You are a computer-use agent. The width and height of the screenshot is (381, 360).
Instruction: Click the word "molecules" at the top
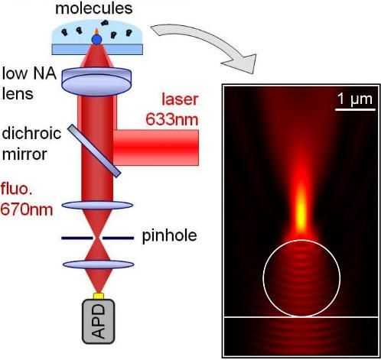tap(94, 8)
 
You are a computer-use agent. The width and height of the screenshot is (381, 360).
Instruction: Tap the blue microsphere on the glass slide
tap(96, 40)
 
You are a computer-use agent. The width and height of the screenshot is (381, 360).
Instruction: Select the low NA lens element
tap(96, 82)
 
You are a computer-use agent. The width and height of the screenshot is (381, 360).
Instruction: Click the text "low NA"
tap(29, 73)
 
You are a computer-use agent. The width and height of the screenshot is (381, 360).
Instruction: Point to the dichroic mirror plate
tap(94, 151)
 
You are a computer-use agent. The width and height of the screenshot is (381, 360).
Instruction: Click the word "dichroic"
tap(31, 134)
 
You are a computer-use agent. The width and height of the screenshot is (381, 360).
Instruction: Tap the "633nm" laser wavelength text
tap(172, 119)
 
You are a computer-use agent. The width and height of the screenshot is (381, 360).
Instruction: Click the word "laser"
tap(180, 99)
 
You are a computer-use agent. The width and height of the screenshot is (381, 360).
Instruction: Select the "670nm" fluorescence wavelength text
tap(27, 209)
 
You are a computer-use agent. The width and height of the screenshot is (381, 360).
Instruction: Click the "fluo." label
tap(17, 190)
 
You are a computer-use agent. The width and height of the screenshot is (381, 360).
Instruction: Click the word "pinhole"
tap(169, 235)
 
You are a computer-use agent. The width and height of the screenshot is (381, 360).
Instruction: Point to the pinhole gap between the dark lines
tap(97, 238)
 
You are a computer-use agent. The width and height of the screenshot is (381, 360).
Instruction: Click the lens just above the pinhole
tap(97, 205)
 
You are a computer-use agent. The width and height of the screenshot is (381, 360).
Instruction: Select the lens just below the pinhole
tap(99, 264)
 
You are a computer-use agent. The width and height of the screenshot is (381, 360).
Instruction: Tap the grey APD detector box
tap(99, 321)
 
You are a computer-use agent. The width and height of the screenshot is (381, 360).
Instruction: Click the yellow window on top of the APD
tap(99, 296)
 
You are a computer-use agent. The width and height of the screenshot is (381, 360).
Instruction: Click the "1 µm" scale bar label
tap(355, 99)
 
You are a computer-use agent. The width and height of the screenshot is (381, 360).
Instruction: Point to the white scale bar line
tap(355, 110)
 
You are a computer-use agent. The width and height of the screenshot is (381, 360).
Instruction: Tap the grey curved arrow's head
tap(243, 63)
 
